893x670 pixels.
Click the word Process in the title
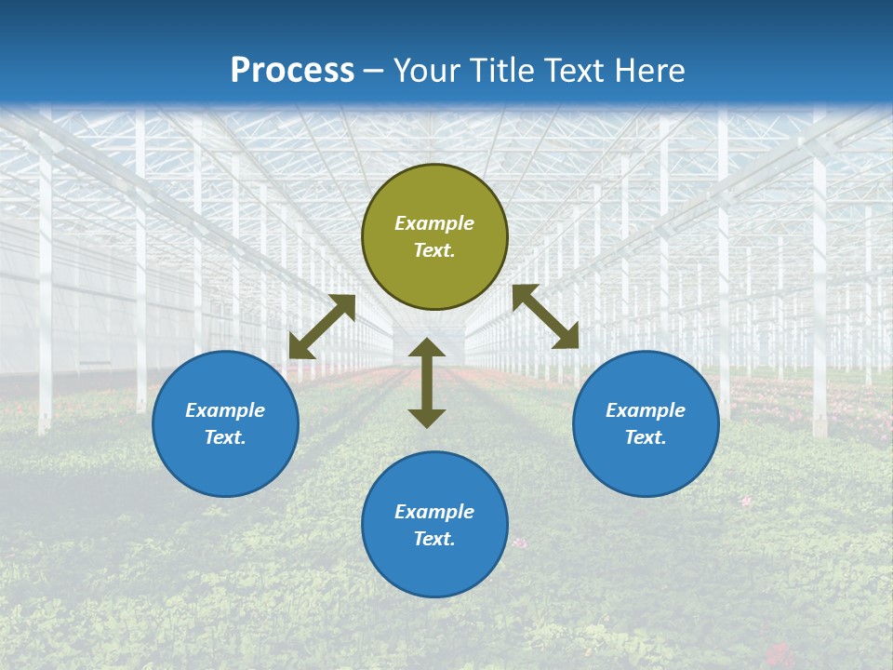[292, 71]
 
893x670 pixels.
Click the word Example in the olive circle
[434, 223]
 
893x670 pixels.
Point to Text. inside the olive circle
[434, 250]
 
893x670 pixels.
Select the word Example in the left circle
[225, 410]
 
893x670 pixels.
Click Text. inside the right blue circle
[646, 437]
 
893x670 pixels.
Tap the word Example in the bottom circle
[434, 512]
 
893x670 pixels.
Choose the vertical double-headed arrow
[427, 382]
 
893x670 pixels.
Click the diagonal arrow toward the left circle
[322, 327]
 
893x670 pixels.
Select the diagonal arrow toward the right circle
[546, 316]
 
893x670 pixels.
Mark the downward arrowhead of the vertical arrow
[427, 418]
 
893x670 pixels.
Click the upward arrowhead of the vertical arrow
[427, 348]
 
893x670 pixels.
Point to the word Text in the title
[569, 71]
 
